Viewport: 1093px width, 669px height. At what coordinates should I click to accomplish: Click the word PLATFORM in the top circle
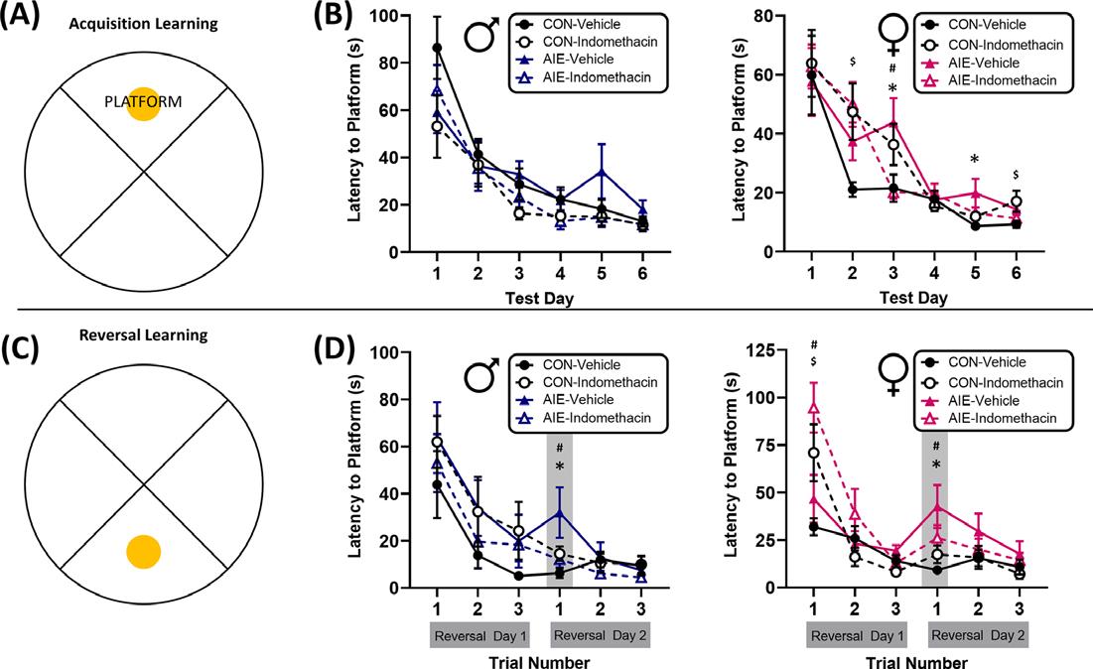143,100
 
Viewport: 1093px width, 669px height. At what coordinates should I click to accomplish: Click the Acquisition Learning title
145,23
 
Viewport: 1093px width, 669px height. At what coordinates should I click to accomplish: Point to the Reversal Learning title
145,334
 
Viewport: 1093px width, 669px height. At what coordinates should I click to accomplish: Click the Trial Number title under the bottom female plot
917,659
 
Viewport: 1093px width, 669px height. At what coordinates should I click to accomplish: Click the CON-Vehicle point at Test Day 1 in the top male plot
438,48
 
